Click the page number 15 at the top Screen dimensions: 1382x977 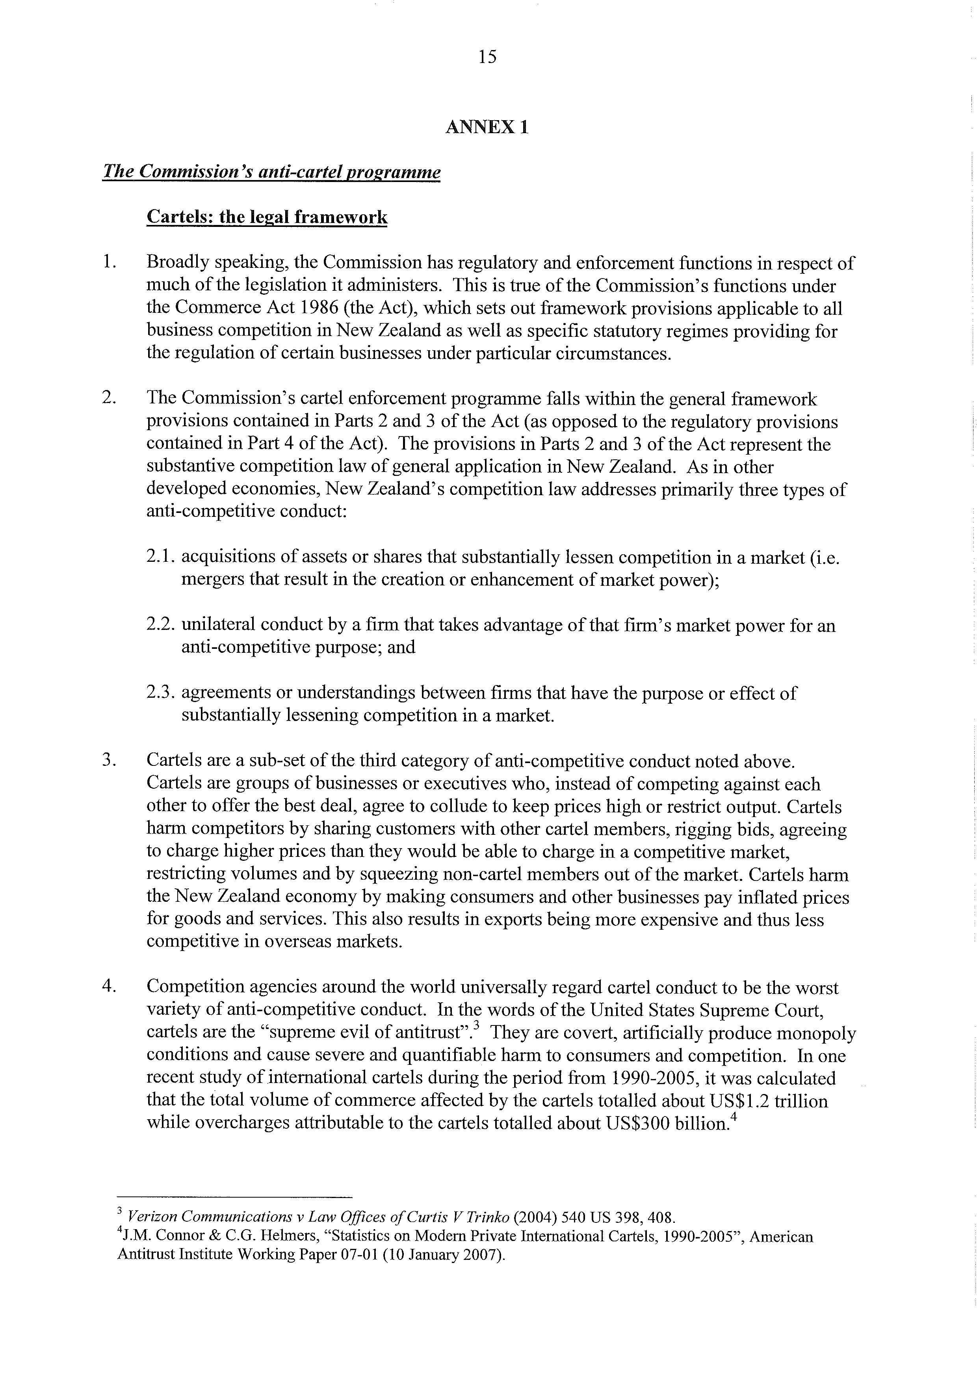488,57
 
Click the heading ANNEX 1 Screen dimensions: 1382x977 487,127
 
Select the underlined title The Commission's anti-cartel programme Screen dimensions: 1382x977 271,172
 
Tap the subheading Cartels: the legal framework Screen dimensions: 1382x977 267,217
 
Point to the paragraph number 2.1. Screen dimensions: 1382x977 161,557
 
